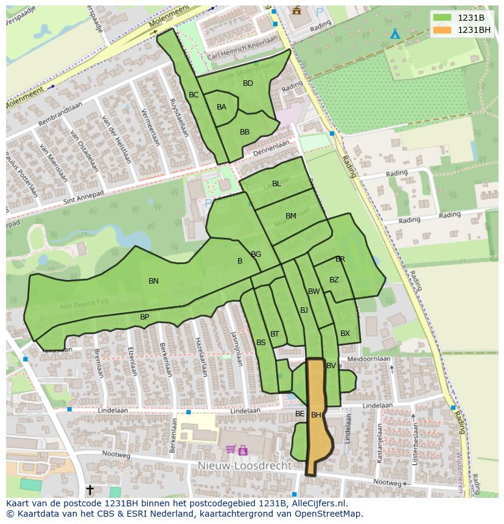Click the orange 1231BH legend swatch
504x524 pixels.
[x=443, y=30]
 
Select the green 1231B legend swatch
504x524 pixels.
[x=443, y=18]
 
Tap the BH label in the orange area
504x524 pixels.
[x=316, y=415]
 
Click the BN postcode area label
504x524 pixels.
[x=153, y=281]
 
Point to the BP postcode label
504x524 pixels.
[x=144, y=317]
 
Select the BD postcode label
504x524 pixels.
[x=248, y=83]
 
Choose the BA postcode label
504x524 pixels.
[x=222, y=107]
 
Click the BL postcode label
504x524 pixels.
[x=276, y=184]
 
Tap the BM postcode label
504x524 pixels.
[x=291, y=216]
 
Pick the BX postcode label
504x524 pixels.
[x=345, y=334]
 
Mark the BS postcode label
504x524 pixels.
[x=261, y=343]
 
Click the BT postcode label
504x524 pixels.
[x=275, y=334]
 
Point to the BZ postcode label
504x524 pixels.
[x=334, y=280]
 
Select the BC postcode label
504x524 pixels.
[x=194, y=95]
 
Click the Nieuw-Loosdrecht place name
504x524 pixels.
[x=244, y=466]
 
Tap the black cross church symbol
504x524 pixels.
[x=90, y=489]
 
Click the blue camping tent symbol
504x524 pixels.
[x=395, y=33]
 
